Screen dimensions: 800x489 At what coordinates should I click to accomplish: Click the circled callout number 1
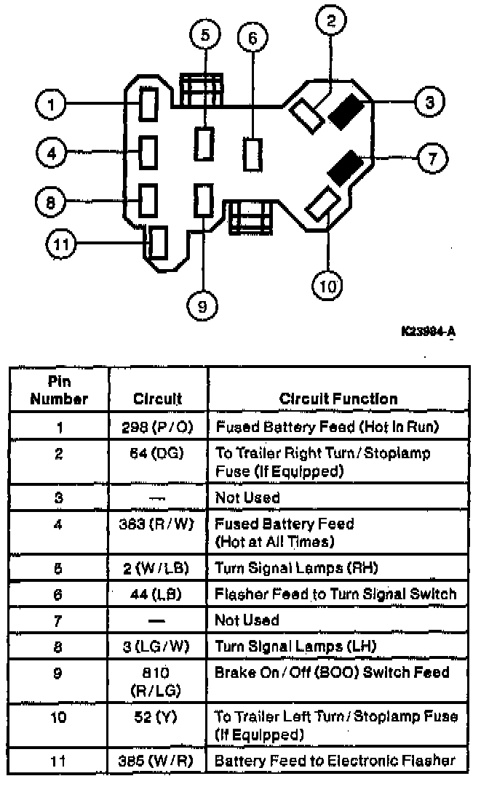[52, 105]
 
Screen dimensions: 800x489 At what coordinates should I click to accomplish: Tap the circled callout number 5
[205, 35]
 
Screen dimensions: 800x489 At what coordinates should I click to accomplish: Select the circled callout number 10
[328, 286]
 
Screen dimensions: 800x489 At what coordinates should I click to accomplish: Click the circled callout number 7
[431, 157]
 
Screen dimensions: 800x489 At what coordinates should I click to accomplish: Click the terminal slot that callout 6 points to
[253, 153]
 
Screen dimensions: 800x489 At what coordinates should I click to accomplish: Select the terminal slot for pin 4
[148, 152]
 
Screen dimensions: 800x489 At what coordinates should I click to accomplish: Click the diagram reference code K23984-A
[428, 332]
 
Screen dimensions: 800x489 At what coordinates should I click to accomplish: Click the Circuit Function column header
[338, 399]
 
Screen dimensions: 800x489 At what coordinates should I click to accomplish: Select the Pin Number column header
[59, 391]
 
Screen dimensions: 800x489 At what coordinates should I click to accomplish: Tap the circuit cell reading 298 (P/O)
[158, 426]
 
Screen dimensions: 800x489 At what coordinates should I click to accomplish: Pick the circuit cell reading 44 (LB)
[158, 594]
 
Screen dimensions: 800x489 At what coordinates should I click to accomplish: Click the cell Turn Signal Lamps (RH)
[296, 568]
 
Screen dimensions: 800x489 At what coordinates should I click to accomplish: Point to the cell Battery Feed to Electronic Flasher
[335, 761]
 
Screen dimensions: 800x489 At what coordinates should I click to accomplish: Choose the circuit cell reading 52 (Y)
[158, 718]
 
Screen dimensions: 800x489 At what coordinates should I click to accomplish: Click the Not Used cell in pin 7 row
[247, 620]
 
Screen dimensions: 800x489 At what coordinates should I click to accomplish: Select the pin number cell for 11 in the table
[59, 761]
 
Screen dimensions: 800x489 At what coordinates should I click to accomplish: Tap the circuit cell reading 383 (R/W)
[158, 524]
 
